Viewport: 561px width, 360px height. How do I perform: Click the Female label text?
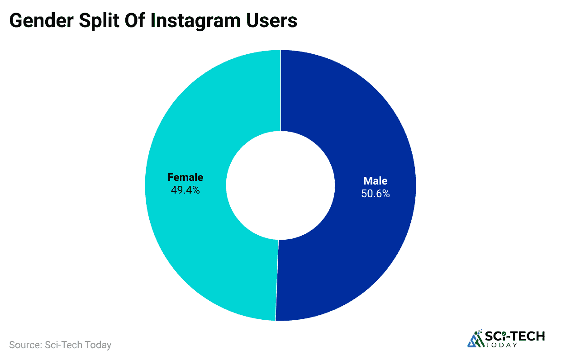[x=185, y=177]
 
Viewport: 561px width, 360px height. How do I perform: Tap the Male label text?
[x=376, y=181]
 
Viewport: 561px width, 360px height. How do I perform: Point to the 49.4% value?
[x=185, y=190]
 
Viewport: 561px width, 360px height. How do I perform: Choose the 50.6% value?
[x=376, y=194]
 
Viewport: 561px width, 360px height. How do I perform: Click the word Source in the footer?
[x=24, y=345]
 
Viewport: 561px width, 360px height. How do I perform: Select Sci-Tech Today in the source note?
[x=78, y=345]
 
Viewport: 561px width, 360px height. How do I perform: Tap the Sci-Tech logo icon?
[x=475, y=339]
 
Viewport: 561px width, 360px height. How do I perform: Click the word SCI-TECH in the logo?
[x=515, y=336]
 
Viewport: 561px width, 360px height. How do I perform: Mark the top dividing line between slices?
[x=280, y=90]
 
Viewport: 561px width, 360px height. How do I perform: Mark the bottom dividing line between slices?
[x=277, y=280]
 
